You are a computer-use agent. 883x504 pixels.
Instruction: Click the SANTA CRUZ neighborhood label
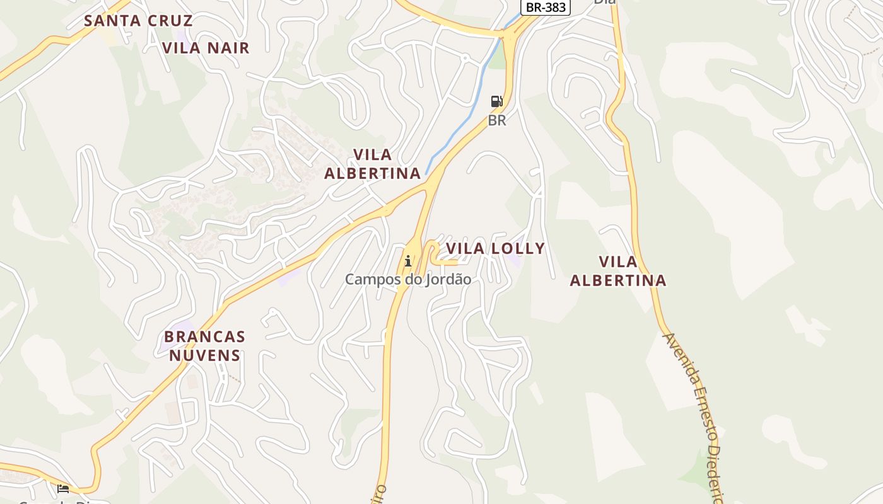[138, 20]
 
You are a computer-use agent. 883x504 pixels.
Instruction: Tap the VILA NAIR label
[206, 48]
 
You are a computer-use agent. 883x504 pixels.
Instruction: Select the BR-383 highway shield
[546, 8]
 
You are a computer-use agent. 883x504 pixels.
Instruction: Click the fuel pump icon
[497, 101]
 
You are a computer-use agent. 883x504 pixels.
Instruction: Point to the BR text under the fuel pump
[497, 120]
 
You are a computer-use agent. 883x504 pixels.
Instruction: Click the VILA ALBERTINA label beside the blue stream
[372, 164]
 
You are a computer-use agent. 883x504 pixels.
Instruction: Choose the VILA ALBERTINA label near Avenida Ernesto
[618, 271]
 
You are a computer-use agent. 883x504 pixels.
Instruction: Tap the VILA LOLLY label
[495, 248]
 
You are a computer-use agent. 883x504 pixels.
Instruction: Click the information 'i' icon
[408, 260]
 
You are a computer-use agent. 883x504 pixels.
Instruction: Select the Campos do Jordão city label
[408, 279]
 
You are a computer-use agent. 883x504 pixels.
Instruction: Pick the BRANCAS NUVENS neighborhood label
[204, 346]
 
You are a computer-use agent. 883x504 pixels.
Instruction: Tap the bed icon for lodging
[63, 488]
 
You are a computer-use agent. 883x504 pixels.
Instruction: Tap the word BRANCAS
[204, 336]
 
